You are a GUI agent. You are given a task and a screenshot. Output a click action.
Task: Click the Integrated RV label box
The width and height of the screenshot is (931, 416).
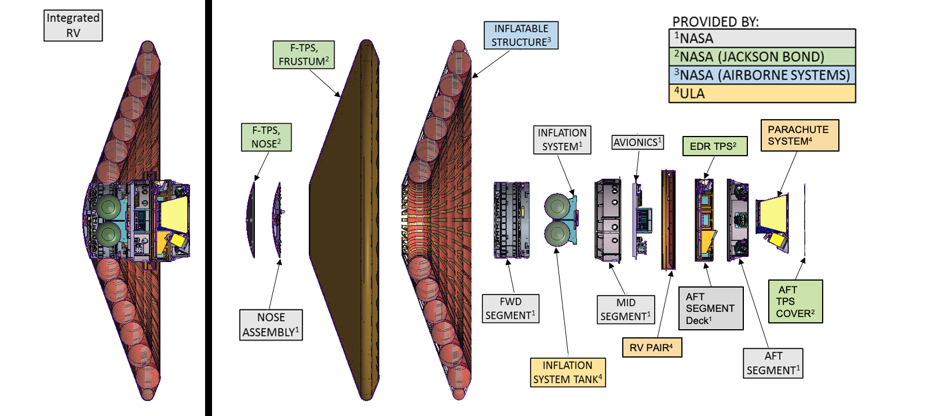pos(73,25)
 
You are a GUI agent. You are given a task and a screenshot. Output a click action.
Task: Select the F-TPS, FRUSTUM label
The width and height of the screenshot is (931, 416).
pos(304,54)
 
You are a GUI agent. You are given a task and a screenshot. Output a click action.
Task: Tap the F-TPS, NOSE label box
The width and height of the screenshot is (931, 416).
pos(266,137)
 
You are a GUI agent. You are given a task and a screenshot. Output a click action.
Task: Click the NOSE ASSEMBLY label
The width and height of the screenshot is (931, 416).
pos(271,325)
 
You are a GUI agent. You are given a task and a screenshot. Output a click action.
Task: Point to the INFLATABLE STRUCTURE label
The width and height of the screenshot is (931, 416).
pos(521,35)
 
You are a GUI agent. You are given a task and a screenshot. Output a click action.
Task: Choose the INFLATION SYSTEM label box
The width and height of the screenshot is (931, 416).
pos(562,140)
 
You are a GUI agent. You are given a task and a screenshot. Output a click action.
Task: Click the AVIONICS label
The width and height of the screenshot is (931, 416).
pos(637,142)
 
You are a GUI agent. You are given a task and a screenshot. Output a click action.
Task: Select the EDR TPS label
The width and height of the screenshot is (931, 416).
pos(714,146)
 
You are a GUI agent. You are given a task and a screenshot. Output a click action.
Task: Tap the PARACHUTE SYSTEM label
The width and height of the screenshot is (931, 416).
pos(799,135)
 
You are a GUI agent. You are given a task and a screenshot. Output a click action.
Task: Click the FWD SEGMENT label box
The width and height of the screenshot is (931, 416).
pos(510,308)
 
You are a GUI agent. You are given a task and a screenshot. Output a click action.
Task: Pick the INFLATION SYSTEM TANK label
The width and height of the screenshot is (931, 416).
pos(568,372)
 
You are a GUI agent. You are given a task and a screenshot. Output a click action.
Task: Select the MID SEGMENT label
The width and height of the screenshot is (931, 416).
pos(626,310)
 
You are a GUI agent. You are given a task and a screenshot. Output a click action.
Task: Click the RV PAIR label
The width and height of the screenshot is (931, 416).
pos(652,348)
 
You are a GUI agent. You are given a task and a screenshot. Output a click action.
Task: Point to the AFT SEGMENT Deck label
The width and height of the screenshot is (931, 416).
pos(710,308)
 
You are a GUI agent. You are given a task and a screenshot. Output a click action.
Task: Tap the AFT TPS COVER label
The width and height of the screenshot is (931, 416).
pos(795,301)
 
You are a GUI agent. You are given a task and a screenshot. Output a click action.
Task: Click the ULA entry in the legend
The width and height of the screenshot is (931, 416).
pos(762,94)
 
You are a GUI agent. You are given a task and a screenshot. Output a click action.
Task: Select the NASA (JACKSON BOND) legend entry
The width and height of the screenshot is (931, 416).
pos(762,57)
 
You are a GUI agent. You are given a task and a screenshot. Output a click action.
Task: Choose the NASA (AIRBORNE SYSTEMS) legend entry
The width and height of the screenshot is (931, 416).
pos(762,75)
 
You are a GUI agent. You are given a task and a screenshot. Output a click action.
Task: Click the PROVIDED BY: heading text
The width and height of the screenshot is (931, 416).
pos(715,22)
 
